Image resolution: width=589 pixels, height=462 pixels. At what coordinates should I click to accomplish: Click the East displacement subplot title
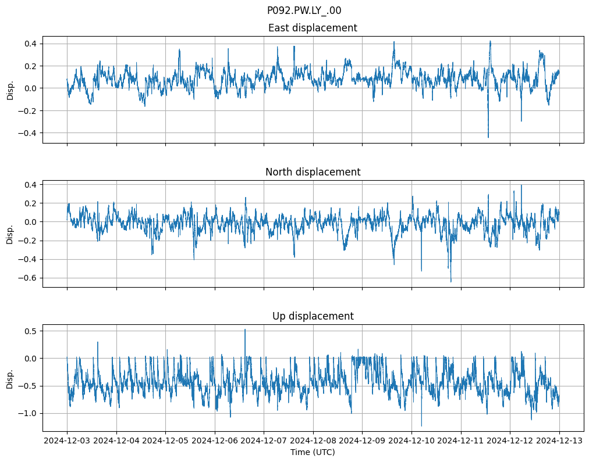point(313,28)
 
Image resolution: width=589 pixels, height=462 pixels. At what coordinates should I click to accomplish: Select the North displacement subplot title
point(313,172)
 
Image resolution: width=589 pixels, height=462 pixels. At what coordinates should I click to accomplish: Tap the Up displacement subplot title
point(313,316)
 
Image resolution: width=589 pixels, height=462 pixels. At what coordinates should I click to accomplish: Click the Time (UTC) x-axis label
point(313,452)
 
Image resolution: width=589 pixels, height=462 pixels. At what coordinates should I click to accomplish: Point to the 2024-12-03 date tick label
point(67,440)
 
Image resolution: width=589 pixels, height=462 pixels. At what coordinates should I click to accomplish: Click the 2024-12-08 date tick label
point(313,440)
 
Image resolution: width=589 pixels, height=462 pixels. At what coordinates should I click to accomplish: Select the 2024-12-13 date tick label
point(559,440)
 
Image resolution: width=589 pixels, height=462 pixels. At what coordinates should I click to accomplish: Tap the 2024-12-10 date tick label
point(411,440)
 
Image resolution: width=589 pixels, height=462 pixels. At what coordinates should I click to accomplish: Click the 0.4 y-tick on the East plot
point(30,44)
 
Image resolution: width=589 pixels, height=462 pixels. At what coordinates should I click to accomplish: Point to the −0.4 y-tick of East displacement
point(27,133)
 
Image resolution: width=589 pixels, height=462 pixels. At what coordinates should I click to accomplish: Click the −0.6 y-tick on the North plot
point(27,278)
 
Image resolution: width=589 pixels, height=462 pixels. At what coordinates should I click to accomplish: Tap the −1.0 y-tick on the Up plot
point(27,413)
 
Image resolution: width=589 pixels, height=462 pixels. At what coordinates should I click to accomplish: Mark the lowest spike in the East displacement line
point(488,137)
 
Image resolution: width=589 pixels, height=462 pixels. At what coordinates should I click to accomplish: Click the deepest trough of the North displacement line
point(450,282)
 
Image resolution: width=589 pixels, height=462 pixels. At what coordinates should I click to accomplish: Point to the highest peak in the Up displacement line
point(244,330)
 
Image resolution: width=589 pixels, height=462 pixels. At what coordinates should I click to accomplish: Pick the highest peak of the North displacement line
point(521,185)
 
